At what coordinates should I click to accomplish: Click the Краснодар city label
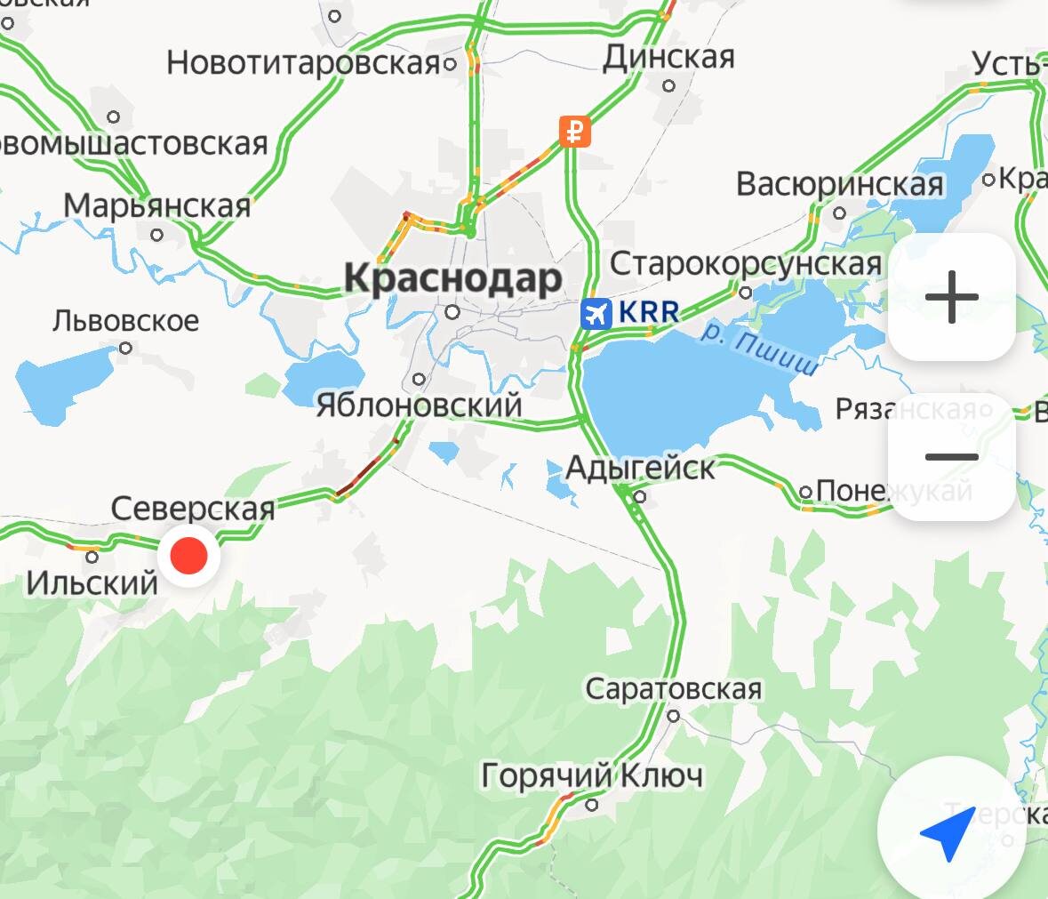(453, 278)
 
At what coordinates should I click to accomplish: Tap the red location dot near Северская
(188, 556)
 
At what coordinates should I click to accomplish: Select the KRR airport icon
(596, 313)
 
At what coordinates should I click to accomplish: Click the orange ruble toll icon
(575, 132)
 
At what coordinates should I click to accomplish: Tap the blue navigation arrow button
(948, 831)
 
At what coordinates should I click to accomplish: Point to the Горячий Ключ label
(592, 775)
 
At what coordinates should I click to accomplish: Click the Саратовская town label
(673, 688)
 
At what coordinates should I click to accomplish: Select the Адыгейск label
(640, 468)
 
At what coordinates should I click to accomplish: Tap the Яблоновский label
(419, 405)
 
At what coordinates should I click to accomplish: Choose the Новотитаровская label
(303, 63)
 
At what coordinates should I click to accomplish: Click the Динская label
(668, 58)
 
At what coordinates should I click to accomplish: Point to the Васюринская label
(839, 184)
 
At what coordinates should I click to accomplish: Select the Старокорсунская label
(745, 264)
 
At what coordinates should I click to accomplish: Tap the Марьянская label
(157, 205)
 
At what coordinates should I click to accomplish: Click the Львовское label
(125, 320)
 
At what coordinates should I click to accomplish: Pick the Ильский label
(92, 583)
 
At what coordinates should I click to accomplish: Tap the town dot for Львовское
(125, 348)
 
